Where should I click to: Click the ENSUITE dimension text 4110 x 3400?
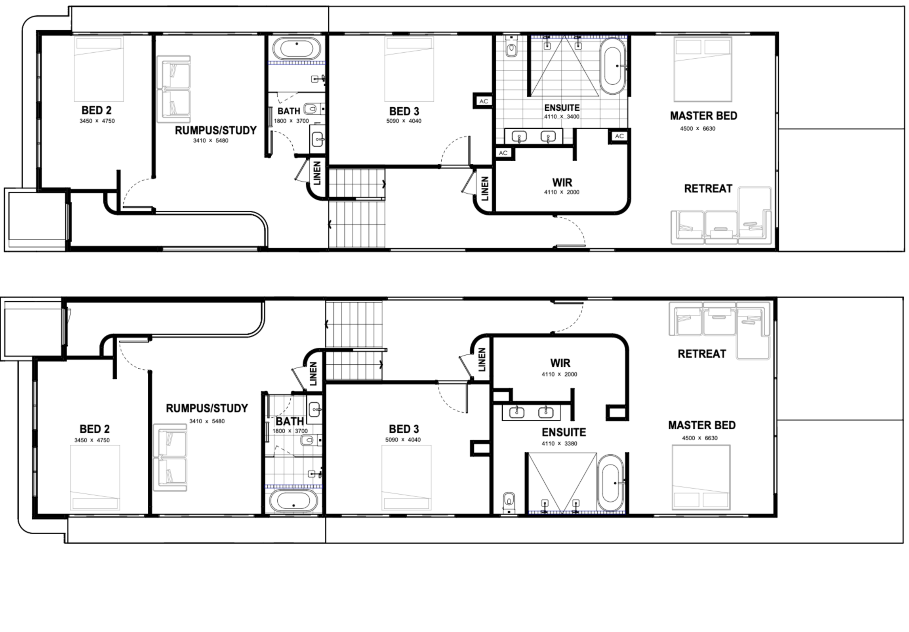coord(562,117)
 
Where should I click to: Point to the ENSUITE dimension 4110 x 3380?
coord(559,444)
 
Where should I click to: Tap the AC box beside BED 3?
coord(484,101)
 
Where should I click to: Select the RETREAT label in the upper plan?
coord(708,189)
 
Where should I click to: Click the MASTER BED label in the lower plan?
coord(702,425)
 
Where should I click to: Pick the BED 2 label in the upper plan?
coord(97,110)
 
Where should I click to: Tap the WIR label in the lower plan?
coord(560,363)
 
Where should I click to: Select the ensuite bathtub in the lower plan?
coord(611,484)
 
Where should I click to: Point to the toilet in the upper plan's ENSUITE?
coord(511,47)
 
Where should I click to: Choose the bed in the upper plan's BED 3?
coord(409,69)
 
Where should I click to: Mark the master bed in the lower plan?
coord(701,477)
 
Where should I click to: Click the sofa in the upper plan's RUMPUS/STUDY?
coord(173,86)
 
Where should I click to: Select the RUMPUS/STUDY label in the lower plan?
coord(207,408)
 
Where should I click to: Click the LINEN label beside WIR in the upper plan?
coord(484,188)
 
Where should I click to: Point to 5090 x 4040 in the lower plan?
coord(403,440)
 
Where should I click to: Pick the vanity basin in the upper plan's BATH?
coord(317,139)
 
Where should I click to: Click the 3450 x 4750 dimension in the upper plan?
coord(97,121)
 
